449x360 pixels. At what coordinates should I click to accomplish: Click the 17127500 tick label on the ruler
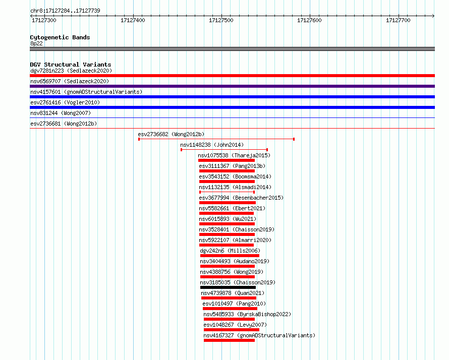[x=221, y=20]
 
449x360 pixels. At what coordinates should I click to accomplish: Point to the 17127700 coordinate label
[x=398, y=20]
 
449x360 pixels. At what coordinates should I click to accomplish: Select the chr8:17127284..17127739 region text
[x=65, y=11]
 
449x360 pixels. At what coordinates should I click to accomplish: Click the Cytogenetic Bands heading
[x=60, y=37]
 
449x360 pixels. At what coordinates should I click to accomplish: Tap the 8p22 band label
[x=36, y=43]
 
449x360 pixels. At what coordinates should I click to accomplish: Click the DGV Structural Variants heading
[x=71, y=65]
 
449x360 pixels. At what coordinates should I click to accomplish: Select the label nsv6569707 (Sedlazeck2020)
[x=70, y=81]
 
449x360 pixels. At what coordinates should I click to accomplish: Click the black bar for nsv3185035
[x=228, y=287]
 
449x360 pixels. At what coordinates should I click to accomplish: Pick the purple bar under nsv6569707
[x=232, y=86]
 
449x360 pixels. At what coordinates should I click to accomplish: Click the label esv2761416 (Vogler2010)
[x=65, y=102]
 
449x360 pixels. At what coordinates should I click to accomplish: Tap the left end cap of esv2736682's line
[x=139, y=139]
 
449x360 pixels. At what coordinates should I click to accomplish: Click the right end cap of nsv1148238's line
[x=267, y=150]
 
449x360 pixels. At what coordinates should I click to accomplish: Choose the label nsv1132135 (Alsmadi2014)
[x=235, y=187]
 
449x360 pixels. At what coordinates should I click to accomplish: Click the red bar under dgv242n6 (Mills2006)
[x=230, y=256]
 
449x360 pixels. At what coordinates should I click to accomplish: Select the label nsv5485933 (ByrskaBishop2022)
[x=247, y=314]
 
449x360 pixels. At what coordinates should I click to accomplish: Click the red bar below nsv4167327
[x=229, y=340]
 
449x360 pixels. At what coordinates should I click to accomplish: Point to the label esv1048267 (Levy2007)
[x=235, y=325]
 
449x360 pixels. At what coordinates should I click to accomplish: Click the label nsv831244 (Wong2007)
[x=61, y=113]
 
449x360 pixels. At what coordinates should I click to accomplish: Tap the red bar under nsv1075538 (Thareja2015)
[x=227, y=160]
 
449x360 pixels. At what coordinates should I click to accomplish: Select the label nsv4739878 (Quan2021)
[x=233, y=293]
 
